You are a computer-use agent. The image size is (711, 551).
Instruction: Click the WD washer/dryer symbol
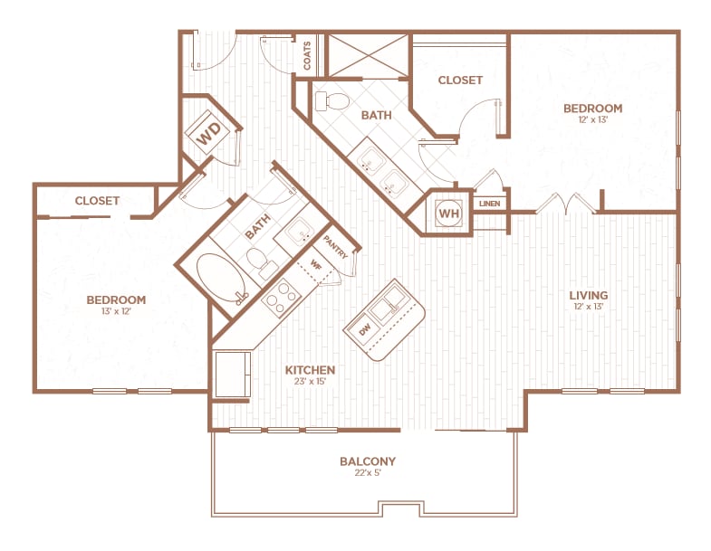pos(210,135)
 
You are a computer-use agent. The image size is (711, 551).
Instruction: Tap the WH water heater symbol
pos(448,213)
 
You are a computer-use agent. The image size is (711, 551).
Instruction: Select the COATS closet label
pos(309,56)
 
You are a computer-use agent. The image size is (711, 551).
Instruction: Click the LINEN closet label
pos(489,204)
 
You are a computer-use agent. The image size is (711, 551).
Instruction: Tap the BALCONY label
pos(368,461)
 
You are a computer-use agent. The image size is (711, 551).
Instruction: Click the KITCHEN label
pos(311,370)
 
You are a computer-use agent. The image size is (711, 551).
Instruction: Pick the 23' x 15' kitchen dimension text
pos(311,382)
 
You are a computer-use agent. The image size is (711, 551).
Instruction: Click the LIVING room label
pos(588,295)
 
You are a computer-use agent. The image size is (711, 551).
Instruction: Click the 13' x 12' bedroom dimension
pos(116,312)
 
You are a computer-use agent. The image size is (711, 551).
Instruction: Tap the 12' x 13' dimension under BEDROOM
pos(592,120)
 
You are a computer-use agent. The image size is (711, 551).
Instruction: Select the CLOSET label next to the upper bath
pos(460,81)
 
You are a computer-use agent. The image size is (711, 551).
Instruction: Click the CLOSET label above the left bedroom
pos(97,201)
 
